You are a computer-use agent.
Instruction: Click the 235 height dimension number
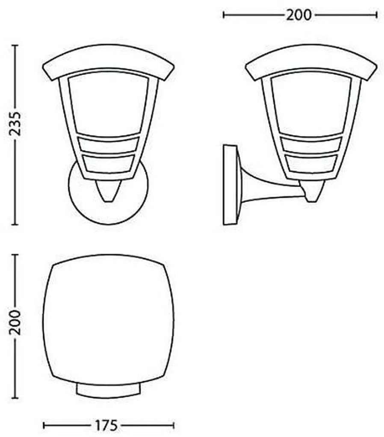tap(15, 124)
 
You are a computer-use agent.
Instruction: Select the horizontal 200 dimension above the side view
tap(299, 15)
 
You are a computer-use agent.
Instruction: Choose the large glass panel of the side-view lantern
tap(311, 105)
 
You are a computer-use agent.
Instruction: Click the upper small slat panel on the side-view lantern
tap(311, 145)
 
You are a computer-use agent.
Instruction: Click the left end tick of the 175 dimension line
tap(44, 425)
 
